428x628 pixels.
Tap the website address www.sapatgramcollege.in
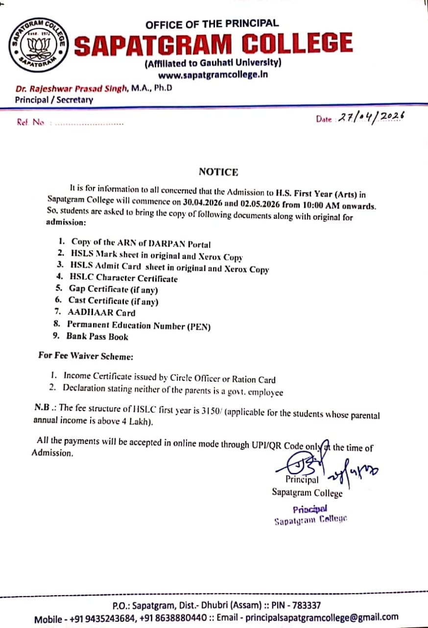click(x=213, y=75)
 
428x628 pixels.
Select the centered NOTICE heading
click(x=218, y=172)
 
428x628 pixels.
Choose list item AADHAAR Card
click(x=102, y=313)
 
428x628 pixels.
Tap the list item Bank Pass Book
click(x=97, y=337)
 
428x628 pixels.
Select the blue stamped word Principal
click(x=310, y=509)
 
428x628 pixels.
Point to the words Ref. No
click(x=30, y=123)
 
